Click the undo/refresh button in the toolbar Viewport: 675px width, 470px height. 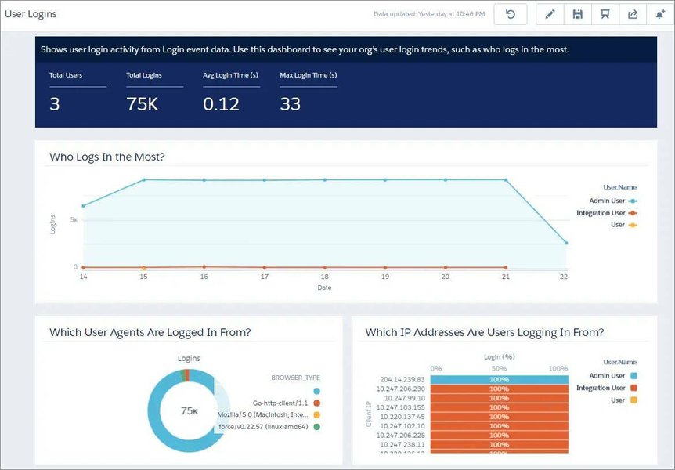click(511, 14)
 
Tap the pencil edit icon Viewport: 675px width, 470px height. click(550, 14)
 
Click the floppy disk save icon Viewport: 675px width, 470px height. click(577, 14)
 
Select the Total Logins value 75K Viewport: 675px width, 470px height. click(142, 104)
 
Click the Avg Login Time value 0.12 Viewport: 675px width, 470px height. click(221, 104)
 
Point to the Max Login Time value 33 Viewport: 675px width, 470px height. click(290, 104)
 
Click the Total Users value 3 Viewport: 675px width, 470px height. click(55, 104)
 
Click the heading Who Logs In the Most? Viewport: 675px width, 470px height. click(107, 157)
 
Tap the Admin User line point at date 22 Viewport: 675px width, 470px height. click(566, 243)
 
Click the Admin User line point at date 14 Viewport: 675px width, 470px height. click(83, 206)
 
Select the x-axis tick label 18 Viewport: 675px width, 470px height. click(325, 277)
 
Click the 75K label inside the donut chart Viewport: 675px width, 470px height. click(189, 410)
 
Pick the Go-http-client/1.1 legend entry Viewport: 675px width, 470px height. click(280, 403)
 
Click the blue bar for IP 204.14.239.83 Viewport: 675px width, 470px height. click(499, 379)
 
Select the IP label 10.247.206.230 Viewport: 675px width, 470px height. click(401, 389)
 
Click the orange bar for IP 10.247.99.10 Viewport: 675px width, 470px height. click(499, 398)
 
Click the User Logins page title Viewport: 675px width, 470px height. click(31, 14)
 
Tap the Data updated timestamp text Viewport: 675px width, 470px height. click(429, 14)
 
